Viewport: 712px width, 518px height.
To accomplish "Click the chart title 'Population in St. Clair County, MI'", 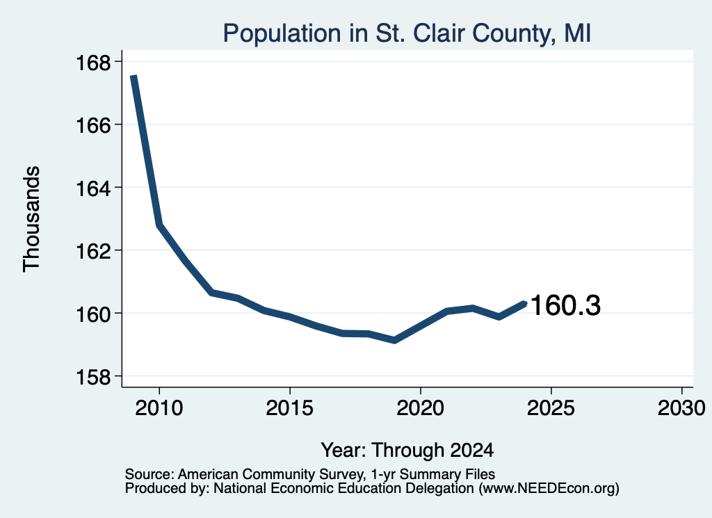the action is point(407,33).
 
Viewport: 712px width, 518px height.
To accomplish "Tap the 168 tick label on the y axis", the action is point(93,63).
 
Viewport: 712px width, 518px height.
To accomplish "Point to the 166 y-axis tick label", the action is point(93,125).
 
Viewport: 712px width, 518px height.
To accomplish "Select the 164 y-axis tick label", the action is point(93,188).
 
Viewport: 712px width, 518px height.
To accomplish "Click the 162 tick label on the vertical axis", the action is point(93,251).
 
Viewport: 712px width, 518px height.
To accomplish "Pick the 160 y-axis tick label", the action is point(93,314).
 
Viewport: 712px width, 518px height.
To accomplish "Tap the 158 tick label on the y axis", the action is point(93,377).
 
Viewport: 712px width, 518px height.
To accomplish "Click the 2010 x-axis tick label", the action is point(159,407).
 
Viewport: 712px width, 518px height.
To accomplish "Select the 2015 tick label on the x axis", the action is point(290,407).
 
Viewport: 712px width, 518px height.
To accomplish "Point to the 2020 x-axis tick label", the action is point(421,407).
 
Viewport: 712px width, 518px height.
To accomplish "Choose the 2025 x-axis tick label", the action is point(551,407).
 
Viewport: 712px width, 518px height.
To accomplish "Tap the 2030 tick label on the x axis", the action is point(681,407).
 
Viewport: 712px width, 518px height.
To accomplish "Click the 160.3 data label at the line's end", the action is point(565,305).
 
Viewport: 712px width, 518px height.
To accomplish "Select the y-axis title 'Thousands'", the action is point(31,219).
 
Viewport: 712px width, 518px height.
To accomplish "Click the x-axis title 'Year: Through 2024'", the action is point(407,450).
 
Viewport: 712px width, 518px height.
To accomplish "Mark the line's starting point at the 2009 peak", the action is point(133,76).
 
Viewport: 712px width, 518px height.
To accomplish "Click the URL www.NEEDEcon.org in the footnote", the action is point(549,489).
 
